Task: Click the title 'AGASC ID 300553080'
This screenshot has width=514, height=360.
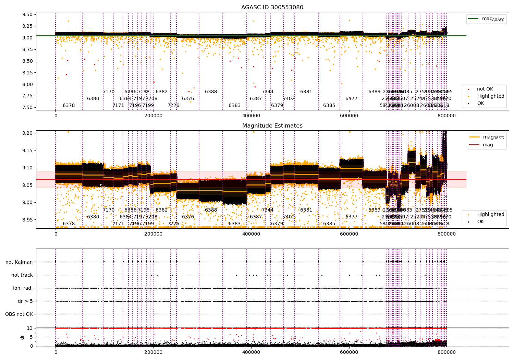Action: [272, 8]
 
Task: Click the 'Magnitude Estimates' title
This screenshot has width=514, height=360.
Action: [272, 126]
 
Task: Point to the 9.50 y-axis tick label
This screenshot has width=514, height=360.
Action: [27, 15]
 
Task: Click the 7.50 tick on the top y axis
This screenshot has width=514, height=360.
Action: [27, 108]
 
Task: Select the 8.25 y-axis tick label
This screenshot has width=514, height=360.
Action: [27, 73]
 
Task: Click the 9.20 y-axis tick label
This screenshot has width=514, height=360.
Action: [27, 133]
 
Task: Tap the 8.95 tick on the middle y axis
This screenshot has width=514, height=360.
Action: [27, 220]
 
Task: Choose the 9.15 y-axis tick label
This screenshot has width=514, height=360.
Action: [27, 151]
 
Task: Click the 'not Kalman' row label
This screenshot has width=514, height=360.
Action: [19, 262]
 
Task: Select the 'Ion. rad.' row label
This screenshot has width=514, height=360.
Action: [23, 288]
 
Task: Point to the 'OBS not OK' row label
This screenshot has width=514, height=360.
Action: [19, 314]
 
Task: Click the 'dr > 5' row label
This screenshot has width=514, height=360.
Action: [25, 301]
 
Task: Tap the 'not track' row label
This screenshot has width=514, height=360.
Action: [22, 275]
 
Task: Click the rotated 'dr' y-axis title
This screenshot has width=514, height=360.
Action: [22, 337]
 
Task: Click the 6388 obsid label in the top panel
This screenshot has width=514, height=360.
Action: [211, 92]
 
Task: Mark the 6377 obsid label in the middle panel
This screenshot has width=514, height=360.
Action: [351, 217]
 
